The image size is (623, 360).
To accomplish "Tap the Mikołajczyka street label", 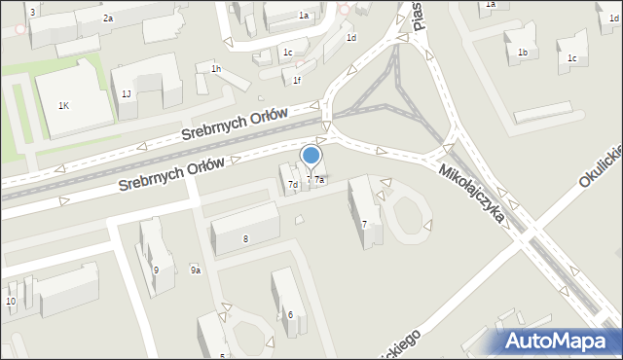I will (x=472, y=193).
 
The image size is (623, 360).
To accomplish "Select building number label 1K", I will (x=63, y=105).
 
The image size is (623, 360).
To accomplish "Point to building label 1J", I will (x=127, y=93).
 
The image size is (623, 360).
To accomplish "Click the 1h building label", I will (x=216, y=68).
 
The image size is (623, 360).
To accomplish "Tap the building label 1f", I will (x=297, y=81).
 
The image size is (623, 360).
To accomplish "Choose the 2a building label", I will (x=108, y=18).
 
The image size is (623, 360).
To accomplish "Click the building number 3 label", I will (x=32, y=12).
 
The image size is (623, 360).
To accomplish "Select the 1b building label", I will (x=523, y=53).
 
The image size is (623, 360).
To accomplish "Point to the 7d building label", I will (x=292, y=185).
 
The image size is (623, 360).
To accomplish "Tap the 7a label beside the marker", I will (x=318, y=180).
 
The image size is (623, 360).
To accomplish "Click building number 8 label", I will (x=246, y=238).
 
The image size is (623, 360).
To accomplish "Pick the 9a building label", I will (x=196, y=270).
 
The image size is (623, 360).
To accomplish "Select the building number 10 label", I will (x=11, y=302).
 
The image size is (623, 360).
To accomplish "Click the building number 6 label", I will (x=290, y=314).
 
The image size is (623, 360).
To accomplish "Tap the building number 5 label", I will (x=224, y=355).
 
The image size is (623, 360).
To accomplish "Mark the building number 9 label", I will (x=156, y=270).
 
